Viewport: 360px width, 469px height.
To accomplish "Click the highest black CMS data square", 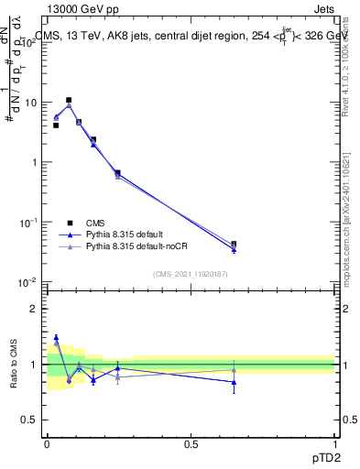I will tap(69, 100).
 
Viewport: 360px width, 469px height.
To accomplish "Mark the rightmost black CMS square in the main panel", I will tap(234, 245).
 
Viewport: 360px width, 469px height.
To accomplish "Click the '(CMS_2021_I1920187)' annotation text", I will tap(191, 273).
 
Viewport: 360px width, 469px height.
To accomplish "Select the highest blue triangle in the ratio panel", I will tap(56, 337).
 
